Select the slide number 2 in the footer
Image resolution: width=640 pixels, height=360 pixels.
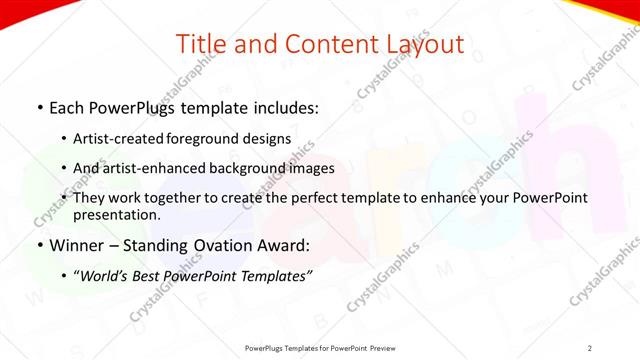pyautogui.click(x=590, y=347)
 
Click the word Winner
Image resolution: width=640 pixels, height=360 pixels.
pyautogui.click(x=73, y=245)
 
